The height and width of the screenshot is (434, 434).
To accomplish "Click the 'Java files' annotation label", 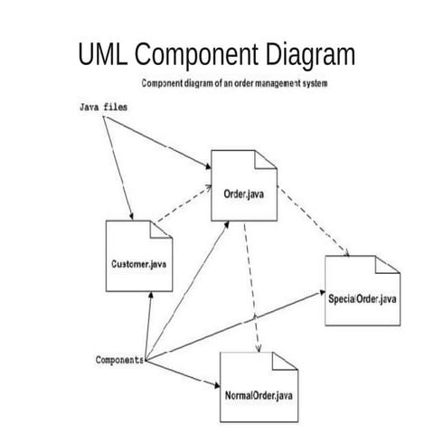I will coord(102,107).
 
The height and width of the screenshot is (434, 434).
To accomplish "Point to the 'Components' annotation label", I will coord(119,359).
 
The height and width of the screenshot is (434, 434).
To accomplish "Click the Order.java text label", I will coord(243,192).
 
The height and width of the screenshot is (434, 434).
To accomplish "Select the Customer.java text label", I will coord(137,263).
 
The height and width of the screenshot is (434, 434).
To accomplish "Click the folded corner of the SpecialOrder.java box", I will coord(386,265).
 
